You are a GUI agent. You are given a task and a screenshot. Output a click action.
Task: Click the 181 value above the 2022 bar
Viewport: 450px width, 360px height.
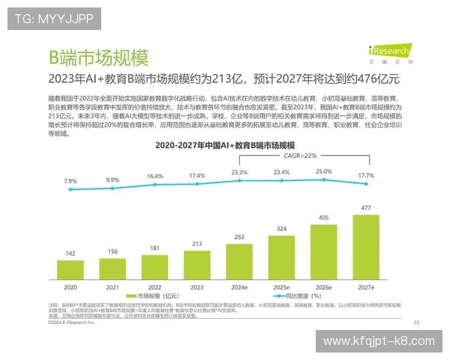pos(155,247)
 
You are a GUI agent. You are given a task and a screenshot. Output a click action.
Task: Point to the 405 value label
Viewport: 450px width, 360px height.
pos(324,218)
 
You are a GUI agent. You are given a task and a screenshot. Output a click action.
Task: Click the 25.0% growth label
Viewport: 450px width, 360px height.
pos(324,172)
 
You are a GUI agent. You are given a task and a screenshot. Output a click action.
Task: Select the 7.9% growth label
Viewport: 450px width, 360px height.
pos(70,181)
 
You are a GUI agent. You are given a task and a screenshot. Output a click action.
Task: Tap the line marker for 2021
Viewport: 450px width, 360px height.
pos(112,189)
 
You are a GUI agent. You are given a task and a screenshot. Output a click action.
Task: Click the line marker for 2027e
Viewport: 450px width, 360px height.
pos(366,186)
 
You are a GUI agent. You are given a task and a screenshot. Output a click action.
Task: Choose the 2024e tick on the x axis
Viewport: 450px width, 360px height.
pos(239,287)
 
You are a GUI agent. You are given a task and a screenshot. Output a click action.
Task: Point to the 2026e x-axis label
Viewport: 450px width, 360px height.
pos(324,287)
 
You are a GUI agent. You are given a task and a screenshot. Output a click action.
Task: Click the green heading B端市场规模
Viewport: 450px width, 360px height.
pos(98,58)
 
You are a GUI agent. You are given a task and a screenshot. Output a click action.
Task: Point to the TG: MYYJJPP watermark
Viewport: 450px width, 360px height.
pos(44,19)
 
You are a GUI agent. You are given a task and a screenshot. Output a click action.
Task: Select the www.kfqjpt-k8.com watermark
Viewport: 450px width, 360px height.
pos(378,341)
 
